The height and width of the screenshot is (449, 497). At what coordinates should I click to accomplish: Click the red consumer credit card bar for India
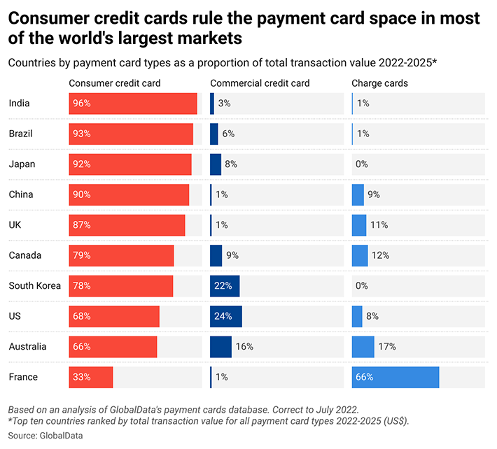(x=133, y=104)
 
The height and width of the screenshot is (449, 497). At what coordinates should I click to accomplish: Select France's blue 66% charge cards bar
(x=395, y=377)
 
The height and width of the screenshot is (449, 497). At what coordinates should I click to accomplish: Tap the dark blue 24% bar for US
(x=225, y=316)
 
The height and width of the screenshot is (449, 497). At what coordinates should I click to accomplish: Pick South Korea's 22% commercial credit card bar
(x=225, y=285)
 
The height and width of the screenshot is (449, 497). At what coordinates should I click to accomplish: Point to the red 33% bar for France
(x=91, y=377)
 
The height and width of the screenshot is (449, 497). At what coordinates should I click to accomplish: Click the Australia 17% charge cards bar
(x=363, y=346)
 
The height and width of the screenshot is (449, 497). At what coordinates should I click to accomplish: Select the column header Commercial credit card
(x=260, y=83)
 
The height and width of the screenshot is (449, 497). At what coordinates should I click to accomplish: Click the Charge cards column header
(x=379, y=83)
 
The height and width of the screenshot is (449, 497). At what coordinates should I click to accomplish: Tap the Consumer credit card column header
(x=115, y=83)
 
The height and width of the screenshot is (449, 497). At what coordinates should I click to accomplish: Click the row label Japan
(x=21, y=164)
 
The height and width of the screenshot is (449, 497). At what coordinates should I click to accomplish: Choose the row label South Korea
(x=35, y=285)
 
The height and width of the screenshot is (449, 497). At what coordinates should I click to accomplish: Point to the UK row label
(x=15, y=224)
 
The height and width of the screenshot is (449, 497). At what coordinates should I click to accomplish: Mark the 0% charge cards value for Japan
(x=362, y=164)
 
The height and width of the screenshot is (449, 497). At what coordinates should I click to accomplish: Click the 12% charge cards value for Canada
(x=381, y=255)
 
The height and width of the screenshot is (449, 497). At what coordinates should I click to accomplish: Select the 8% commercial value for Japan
(x=231, y=164)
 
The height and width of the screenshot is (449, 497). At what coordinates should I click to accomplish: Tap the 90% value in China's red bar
(x=82, y=194)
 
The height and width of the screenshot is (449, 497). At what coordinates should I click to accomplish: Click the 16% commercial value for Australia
(x=244, y=346)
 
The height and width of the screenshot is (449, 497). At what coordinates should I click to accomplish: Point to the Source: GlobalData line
(x=45, y=435)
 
